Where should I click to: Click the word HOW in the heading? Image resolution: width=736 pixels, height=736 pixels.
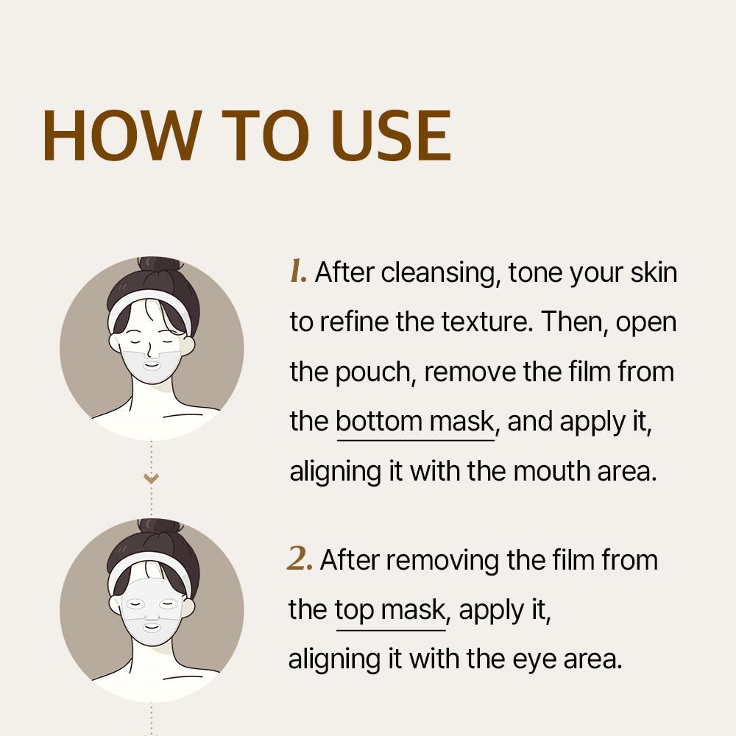point(122,135)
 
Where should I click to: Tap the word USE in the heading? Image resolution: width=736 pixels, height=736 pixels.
point(391,135)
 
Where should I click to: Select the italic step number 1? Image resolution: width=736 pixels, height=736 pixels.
point(298,272)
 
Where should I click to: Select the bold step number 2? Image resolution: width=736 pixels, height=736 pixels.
point(300,559)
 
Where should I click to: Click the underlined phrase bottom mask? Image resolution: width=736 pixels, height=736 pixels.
point(415,421)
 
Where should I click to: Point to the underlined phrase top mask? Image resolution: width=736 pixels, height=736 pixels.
point(390,610)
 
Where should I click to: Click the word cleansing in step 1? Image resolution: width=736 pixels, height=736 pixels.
point(437,273)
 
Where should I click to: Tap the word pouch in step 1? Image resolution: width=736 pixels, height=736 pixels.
point(372,372)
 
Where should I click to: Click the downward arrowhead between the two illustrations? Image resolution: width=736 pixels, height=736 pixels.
point(151,478)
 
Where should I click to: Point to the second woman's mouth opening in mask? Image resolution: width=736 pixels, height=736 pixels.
point(152,627)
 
